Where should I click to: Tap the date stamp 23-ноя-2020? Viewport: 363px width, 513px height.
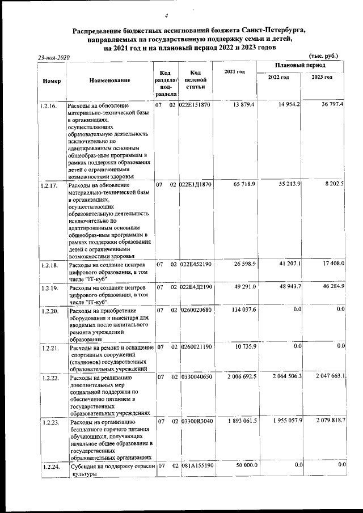point(53,58)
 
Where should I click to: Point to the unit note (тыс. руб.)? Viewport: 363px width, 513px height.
point(322,56)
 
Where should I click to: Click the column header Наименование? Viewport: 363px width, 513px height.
point(110,80)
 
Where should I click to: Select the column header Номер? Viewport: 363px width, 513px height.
point(52,80)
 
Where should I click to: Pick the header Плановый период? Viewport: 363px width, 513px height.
point(299,66)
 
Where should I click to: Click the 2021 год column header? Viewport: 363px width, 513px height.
point(234,71)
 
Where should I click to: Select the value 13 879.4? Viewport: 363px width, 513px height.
point(244,105)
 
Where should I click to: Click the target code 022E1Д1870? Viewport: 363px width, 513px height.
point(196,185)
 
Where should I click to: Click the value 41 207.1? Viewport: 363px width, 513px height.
point(288,264)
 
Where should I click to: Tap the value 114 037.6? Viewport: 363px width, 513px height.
point(242,309)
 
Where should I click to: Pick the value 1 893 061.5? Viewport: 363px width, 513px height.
point(239,420)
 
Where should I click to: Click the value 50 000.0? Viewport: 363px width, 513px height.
point(245,465)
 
